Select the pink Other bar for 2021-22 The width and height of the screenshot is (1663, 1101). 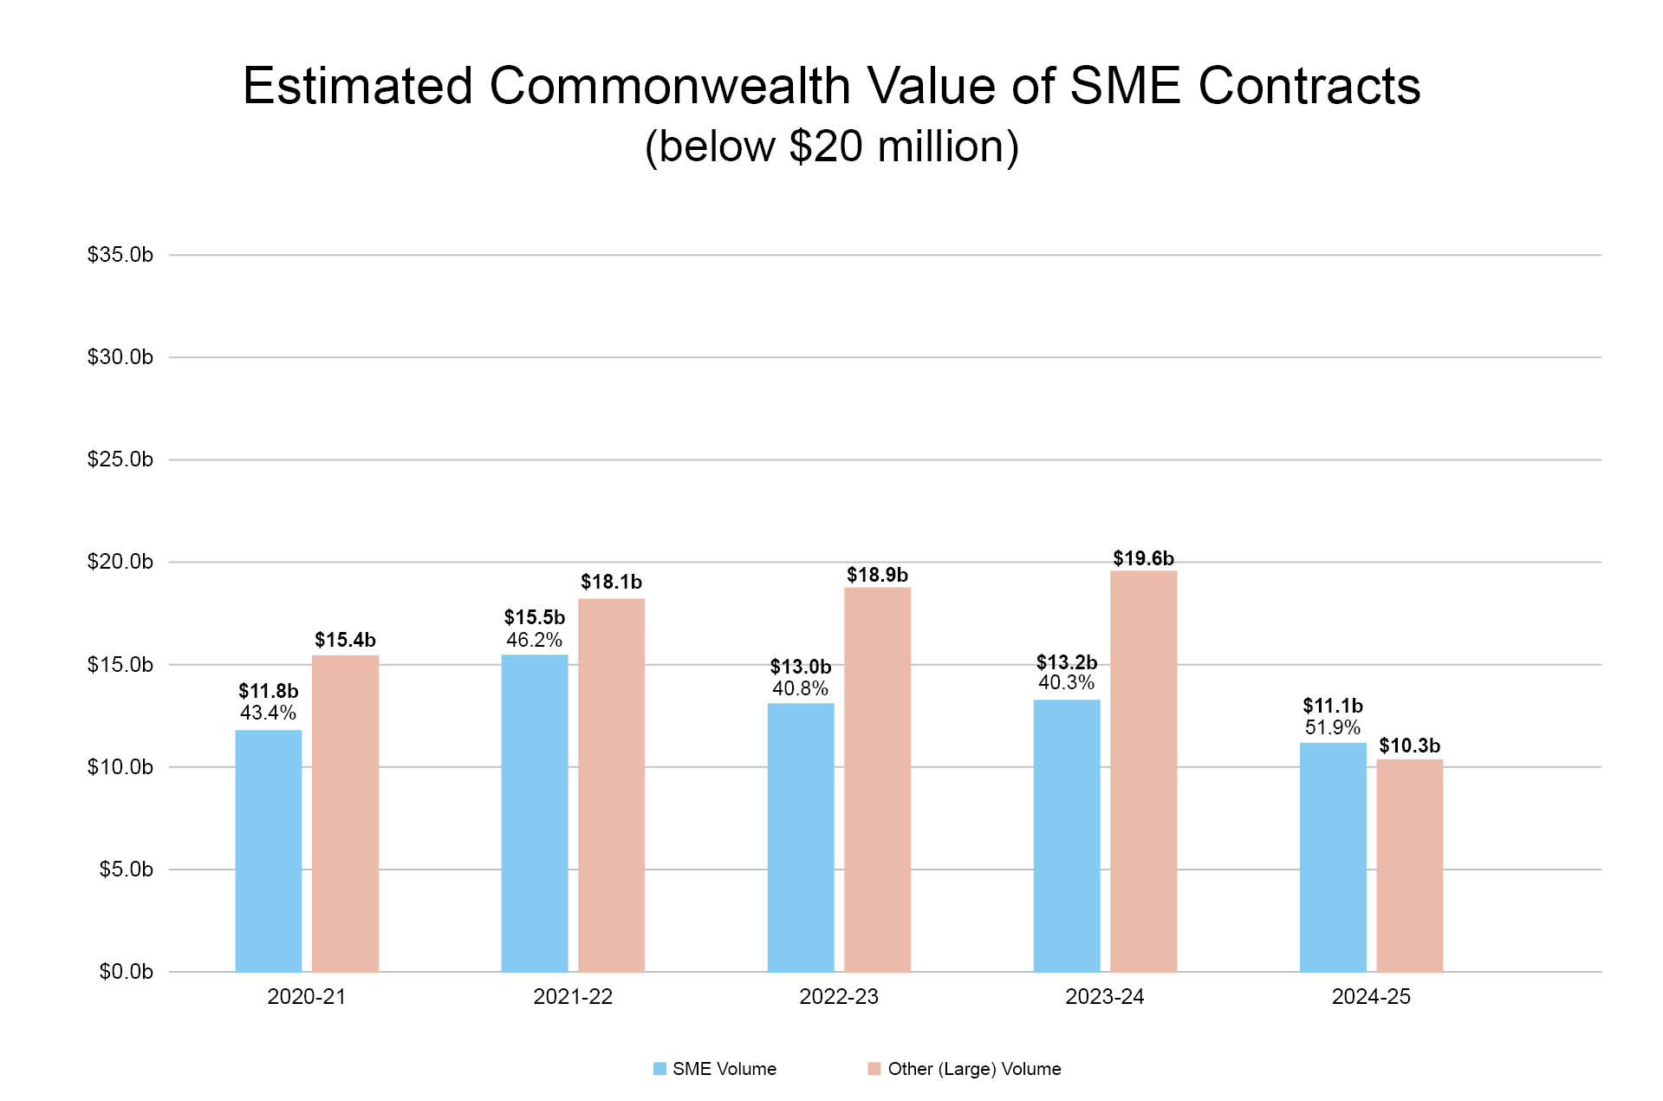[611, 785]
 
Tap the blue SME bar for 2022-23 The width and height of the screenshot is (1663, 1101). [801, 837]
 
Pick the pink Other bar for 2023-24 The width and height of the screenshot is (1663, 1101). [1143, 771]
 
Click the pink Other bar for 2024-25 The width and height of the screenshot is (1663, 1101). [1409, 865]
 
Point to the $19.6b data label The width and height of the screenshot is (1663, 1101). [1143, 558]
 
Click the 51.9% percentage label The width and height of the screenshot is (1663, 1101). [1332, 727]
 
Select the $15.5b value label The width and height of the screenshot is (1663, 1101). [534, 617]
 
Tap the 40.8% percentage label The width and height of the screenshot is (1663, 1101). [800, 688]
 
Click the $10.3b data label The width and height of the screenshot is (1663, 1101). [1409, 746]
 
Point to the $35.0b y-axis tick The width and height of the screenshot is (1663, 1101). [120, 255]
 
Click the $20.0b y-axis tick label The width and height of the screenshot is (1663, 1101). [120, 562]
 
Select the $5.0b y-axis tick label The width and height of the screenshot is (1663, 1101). [126, 870]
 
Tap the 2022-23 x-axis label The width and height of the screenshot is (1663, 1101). [838, 997]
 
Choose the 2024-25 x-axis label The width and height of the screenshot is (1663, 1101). [1370, 997]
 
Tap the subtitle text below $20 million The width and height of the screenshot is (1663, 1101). [831, 146]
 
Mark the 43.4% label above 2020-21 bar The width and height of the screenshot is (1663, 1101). [268, 713]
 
